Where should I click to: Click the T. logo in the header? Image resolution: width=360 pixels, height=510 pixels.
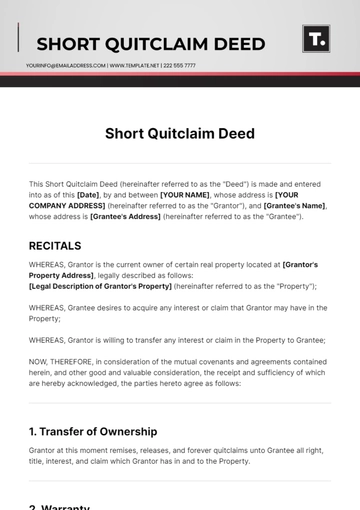pos(316,40)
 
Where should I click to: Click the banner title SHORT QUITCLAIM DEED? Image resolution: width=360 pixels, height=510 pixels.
pos(150,44)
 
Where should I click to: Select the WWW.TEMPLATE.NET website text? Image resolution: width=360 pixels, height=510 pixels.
pos(131,65)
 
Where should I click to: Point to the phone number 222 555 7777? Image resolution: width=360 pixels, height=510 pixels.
pos(176,65)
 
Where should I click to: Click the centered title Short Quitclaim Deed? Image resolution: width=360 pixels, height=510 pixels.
pos(179,133)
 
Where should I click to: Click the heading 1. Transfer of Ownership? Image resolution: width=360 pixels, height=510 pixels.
pos(93,431)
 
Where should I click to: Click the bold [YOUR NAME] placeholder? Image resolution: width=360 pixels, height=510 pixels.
pos(184,195)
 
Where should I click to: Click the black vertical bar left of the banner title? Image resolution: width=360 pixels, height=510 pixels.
pos(18,38)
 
